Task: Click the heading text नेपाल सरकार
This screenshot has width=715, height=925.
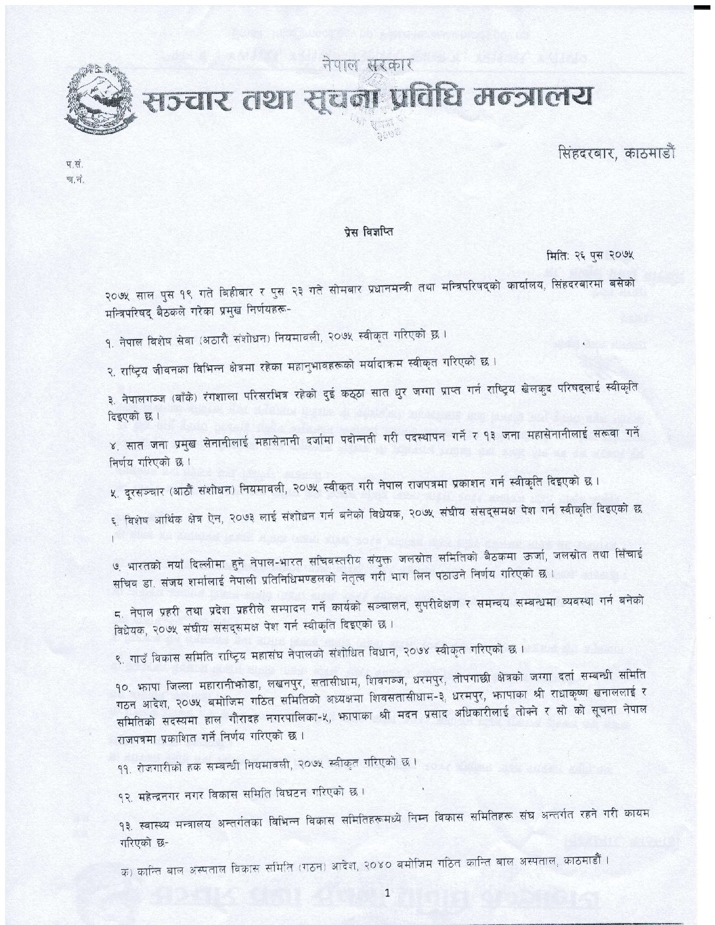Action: coord(367,64)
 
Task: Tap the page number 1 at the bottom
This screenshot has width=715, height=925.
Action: coord(388,893)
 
